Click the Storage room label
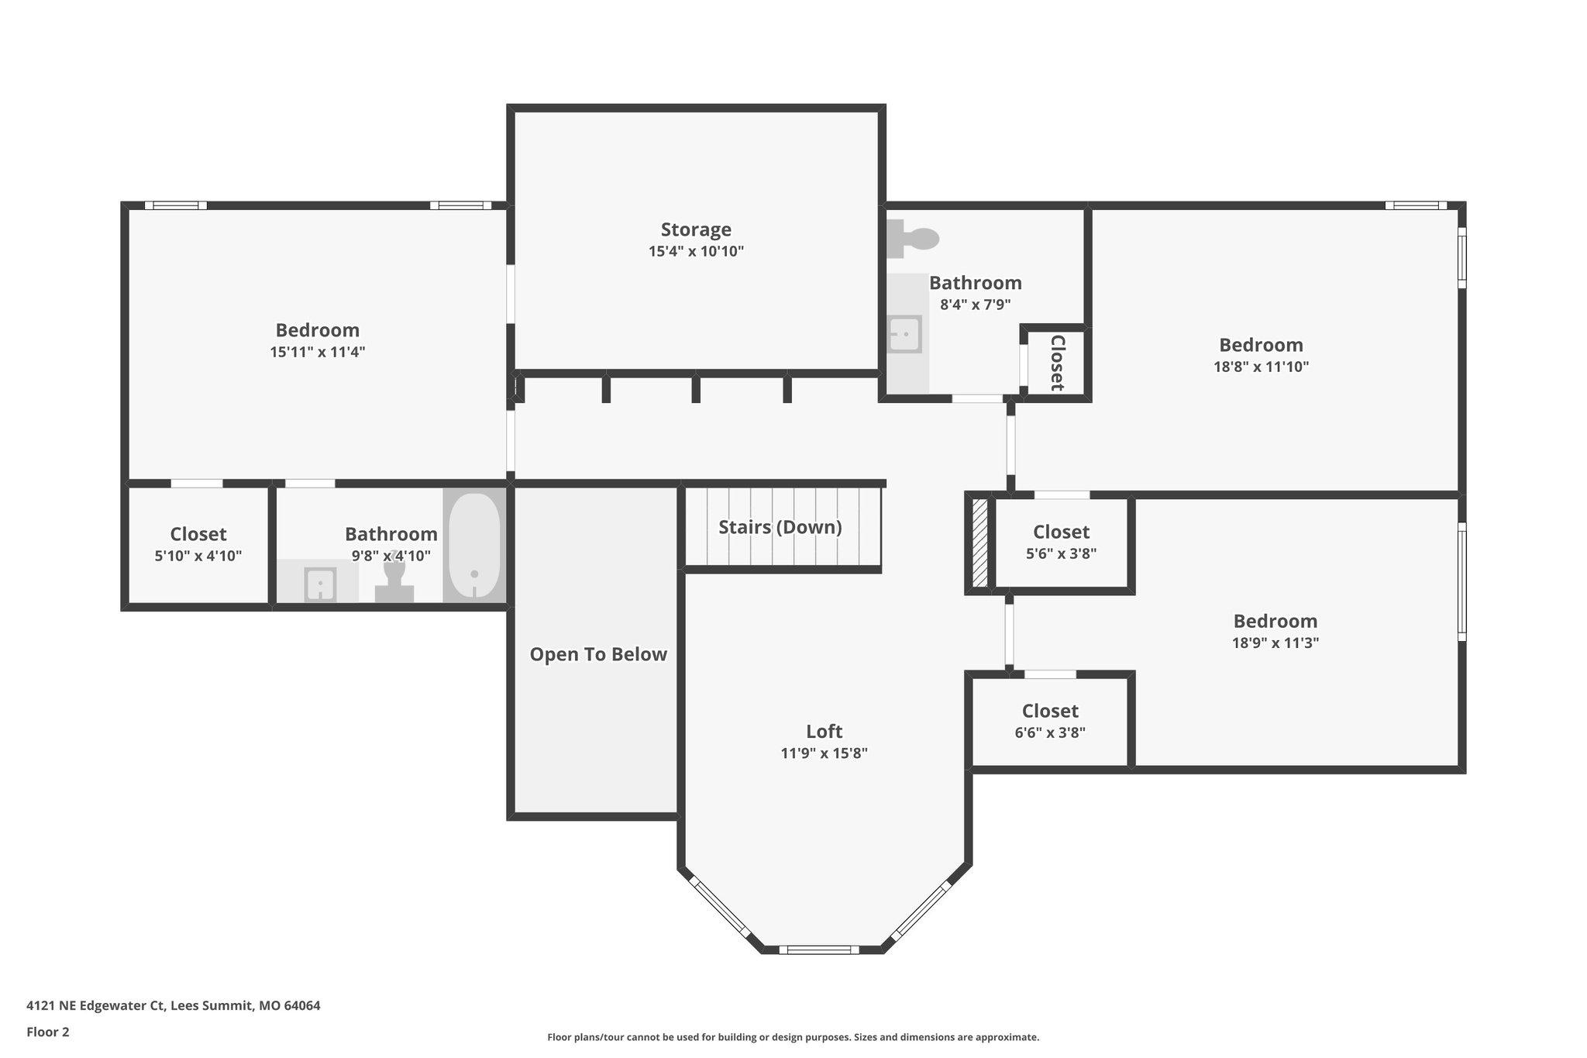[695, 229]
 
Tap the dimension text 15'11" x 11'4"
[317, 352]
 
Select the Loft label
[823, 731]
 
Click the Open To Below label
[597, 654]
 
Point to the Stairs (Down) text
[780, 527]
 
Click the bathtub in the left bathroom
[473, 546]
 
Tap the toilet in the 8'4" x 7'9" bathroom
[914, 238]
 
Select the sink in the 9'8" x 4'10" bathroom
[319, 584]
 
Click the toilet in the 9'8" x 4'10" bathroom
[394, 577]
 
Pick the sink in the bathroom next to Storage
[904, 334]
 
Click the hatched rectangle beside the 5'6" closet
[979, 543]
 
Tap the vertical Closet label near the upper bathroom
[1056, 363]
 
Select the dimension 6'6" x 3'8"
[1049, 732]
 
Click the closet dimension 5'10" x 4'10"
[198, 556]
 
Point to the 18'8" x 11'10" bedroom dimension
[1261, 367]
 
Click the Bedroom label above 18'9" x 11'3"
[1275, 621]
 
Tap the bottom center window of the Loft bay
[818, 949]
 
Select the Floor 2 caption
[48, 1032]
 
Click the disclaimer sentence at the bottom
[793, 1037]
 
